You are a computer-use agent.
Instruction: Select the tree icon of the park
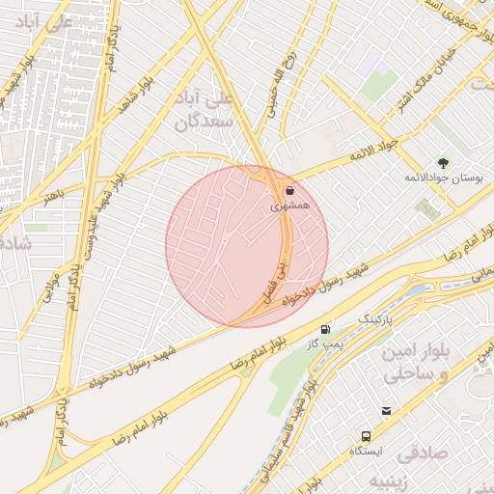[443, 163]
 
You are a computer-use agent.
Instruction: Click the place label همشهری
[290, 206]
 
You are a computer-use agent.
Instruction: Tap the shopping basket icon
[290, 190]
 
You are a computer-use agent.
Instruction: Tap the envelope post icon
[386, 411]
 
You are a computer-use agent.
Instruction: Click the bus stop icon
[366, 435]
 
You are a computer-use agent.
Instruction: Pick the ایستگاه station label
[366, 451]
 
